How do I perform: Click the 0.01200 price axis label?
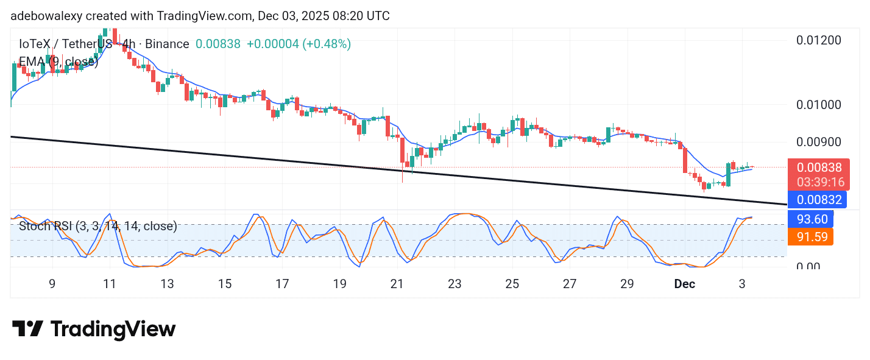pos(819,40)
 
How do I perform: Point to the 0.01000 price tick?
pos(819,104)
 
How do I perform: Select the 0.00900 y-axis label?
pos(819,141)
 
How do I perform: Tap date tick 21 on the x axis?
pos(397,284)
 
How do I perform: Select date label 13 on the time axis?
pos(167,284)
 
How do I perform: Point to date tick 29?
pos(627,284)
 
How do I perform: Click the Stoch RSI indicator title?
pos(97,227)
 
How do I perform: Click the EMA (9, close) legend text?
pos(58,62)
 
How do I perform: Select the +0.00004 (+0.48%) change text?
pos(299,44)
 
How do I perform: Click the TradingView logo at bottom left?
pos(94,330)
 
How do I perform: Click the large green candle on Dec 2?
pos(728,174)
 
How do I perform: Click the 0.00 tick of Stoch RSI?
pos(808,266)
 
